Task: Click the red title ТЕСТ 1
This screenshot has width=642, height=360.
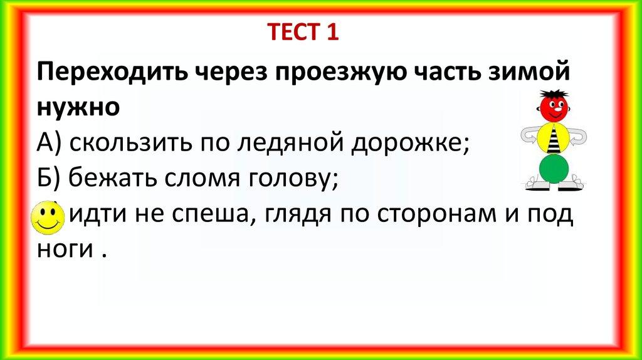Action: click(x=303, y=32)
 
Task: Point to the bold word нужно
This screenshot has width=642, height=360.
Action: click(x=78, y=108)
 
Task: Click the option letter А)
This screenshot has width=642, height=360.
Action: click(x=49, y=142)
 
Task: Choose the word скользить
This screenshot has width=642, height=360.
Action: click(x=130, y=142)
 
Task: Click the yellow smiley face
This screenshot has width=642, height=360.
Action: click(x=48, y=218)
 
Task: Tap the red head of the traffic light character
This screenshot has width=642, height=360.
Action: click(x=554, y=107)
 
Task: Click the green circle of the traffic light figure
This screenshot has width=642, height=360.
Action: click(x=554, y=168)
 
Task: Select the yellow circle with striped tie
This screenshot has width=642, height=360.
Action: click(x=554, y=137)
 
